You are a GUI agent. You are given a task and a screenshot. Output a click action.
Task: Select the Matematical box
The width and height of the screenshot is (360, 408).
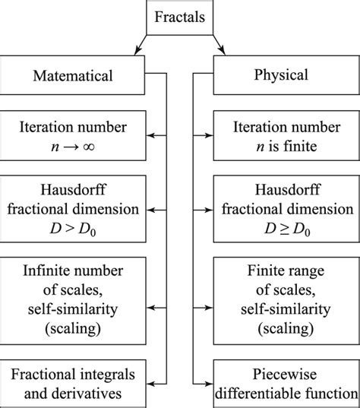74,75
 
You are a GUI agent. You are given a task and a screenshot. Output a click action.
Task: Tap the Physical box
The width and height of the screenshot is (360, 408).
283,75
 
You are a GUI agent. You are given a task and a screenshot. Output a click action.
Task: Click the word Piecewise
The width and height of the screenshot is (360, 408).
286,375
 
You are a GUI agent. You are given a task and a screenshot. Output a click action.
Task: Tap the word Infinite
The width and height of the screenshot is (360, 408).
46,269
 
